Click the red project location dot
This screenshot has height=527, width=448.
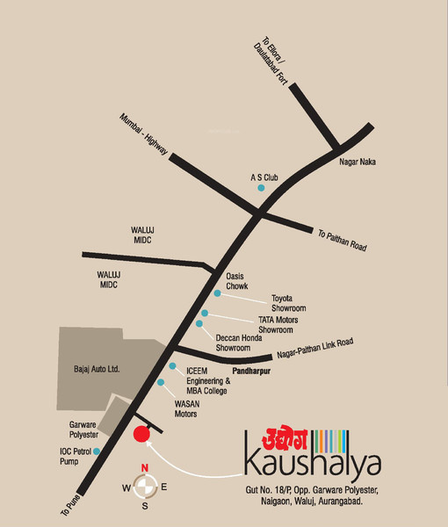[x=141, y=433]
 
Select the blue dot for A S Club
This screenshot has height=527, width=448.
[x=259, y=188]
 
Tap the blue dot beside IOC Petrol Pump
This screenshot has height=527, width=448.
[x=97, y=451]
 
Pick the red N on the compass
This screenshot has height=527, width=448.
[x=146, y=467]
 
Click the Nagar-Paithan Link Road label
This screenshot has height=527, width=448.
[x=314, y=348]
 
